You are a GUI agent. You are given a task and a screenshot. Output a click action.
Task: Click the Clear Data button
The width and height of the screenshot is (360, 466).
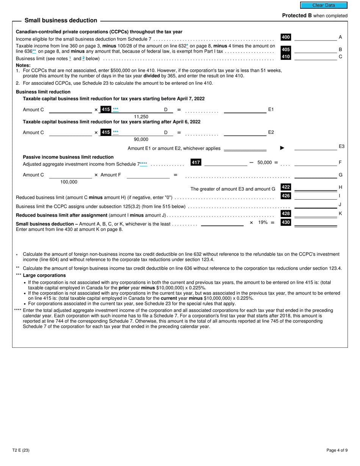point(324,5)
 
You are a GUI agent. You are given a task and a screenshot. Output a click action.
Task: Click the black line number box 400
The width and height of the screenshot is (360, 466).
point(286,37)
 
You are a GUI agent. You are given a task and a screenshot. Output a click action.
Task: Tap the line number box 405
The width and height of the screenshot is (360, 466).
point(286,50)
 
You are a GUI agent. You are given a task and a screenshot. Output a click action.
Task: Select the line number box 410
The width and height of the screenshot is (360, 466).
point(286,56)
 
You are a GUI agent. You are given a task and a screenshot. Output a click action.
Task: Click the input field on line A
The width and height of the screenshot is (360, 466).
point(315,37)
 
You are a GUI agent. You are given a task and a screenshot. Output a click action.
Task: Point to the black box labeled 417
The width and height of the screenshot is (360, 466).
point(196,163)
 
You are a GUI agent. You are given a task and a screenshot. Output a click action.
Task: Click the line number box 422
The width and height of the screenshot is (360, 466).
point(286,187)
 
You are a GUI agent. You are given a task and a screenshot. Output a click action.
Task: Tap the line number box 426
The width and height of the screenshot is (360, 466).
point(286,196)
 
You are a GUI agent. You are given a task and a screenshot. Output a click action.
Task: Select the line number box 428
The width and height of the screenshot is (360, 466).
point(286,214)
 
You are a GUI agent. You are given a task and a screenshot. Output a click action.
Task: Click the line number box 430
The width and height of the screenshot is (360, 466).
point(286,222)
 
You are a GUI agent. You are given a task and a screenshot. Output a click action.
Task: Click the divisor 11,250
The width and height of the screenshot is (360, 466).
point(141,117)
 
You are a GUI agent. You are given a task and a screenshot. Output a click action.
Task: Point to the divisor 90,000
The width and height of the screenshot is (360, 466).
point(141,139)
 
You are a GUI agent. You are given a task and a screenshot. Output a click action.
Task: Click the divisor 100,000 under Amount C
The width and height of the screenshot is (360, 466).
point(69,182)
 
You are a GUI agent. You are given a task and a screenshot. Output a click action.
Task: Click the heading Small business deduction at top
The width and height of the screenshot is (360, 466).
point(61,20)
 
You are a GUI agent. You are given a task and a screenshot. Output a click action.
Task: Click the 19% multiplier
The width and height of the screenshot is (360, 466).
point(263,222)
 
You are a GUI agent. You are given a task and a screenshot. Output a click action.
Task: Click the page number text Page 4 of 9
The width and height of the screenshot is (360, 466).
point(337,450)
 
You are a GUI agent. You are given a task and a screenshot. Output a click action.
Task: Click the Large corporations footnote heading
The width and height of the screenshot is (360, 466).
point(44,275)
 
